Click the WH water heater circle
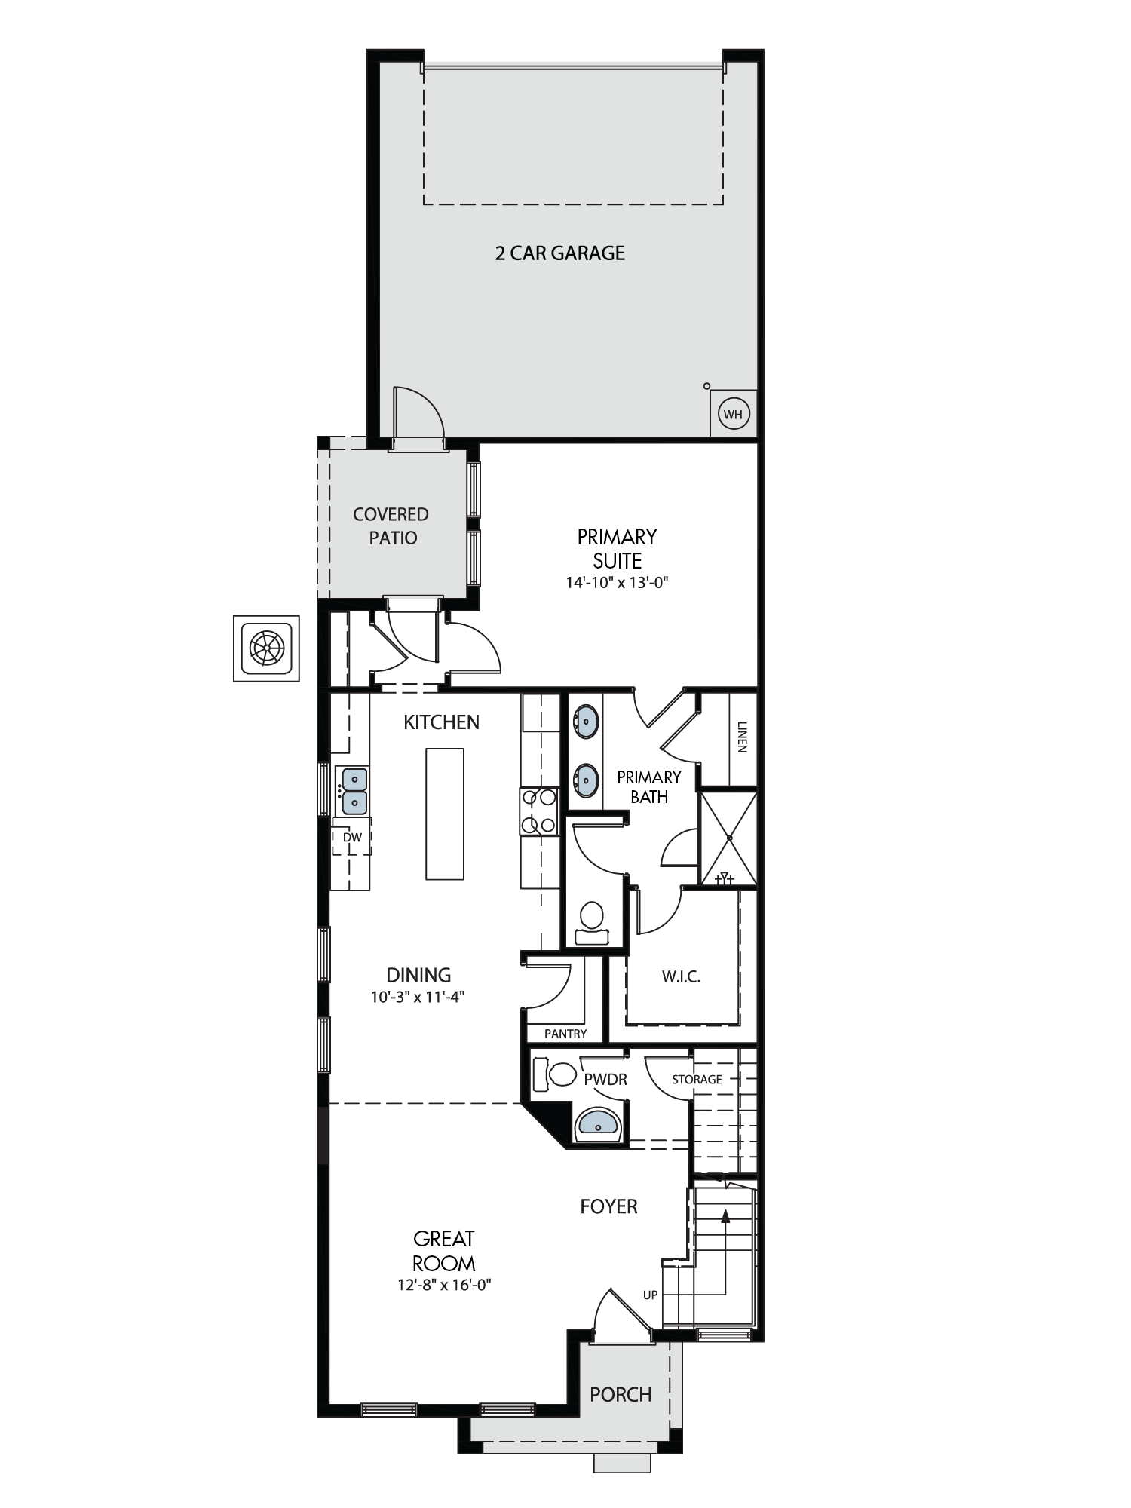pyautogui.click(x=733, y=414)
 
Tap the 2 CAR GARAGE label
pyautogui.click(x=560, y=253)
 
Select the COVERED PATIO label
pyautogui.click(x=391, y=526)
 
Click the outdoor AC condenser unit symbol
pyautogui.click(x=266, y=648)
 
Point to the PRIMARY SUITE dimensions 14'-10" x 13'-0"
pyautogui.click(x=618, y=582)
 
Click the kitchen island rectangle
pyautogui.click(x=445, y=814)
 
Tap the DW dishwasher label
pyautogui.click(x=352, y=838)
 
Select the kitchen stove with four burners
pyautogui.click(x=539, y=811)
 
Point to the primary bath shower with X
pyautogui.click(x=728, y=838)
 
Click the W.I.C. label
pyautogui.click(x=682, y=977)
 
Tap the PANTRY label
pyautogui.click(x=565, y=1034)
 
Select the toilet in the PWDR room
pyautogui.click(x=553, y=1074)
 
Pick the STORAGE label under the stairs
pyautogui.click(x=697, y=1080)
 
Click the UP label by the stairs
pyautogui.click(x=650, y=1295)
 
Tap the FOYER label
pyautogui.click(x=608, y=1206)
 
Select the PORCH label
pyautogui.click(x=621, y=1395)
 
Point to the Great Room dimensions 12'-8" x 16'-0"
pyautogui.click(x=444, y=1285)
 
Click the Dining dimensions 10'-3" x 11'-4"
pyautogui.click(x=418, y=997)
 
